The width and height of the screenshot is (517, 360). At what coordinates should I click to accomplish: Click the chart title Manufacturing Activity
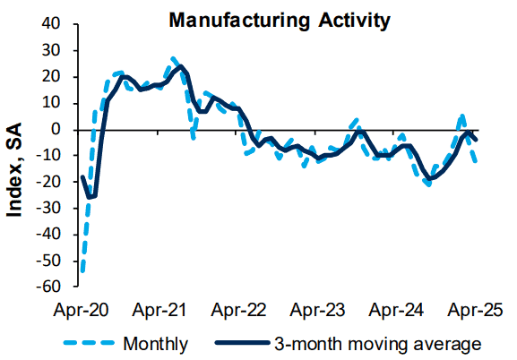(x=280, y=21)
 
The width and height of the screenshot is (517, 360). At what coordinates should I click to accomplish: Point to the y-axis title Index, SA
(x=14, y=170)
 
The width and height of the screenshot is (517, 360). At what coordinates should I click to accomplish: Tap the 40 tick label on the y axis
(x=51, y=24)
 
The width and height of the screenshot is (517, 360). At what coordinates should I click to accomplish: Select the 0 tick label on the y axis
(x=56, y=130)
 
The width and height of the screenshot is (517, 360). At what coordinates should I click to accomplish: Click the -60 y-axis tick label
(x=48, y=287)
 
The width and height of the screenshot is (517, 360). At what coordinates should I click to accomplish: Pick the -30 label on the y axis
(x=48, y=208)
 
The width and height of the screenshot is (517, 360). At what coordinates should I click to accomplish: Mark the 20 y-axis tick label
(x=51, y=77)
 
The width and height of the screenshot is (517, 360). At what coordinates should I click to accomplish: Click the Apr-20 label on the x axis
(x=81, y=310)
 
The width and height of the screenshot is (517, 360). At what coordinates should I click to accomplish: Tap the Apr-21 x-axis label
(x=159, y=310)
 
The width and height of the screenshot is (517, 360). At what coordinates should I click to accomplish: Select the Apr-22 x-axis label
(x=238, y=310)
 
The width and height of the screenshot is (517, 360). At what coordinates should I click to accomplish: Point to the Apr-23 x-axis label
(x=317, y=310)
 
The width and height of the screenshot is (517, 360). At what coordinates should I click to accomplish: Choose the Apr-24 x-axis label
(x=396, y=310)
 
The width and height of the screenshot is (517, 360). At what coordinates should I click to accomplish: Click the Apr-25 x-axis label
(x=475, y=310)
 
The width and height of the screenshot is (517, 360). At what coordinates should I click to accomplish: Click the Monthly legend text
(x=156, y=344)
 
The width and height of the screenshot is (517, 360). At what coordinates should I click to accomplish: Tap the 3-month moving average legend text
(x=378, y=344)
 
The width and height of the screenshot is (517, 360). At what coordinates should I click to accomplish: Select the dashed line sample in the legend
(x=89, y=343)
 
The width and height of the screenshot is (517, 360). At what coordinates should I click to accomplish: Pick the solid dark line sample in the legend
(x=242, y=343)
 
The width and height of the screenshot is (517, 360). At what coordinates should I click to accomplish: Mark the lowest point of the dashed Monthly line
(x=82, y=272)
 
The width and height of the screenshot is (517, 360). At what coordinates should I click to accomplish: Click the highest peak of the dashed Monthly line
(x=174, y=59)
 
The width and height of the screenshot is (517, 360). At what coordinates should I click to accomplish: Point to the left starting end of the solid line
(x=82, y=176)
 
